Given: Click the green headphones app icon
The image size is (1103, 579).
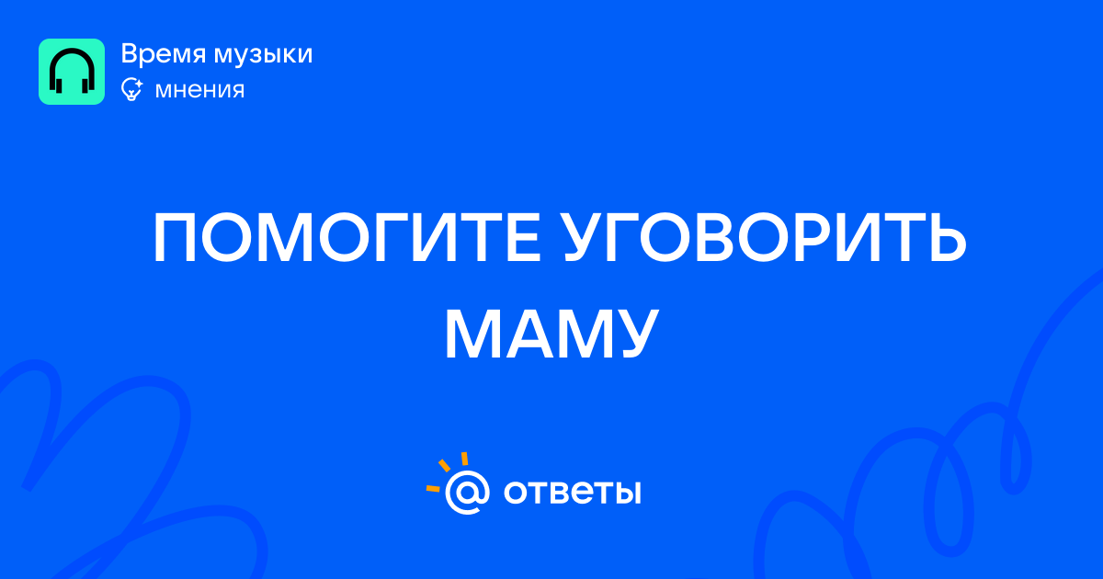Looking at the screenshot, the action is (x=72, y=72).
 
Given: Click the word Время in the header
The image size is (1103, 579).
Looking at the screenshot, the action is (x=164, y=53).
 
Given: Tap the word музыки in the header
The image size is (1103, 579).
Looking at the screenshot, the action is (x=264, y=55).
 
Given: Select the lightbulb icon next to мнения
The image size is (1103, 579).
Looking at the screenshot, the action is (x=132, y=90).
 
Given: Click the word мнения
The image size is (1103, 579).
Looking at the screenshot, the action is (x=199, y=91).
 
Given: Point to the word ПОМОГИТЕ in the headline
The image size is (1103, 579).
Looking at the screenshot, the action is (x=347, y=237).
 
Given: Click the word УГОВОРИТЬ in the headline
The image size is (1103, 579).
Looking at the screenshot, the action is (x=764, y=237).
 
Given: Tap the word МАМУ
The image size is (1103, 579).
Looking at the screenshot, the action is (x=551, y=334).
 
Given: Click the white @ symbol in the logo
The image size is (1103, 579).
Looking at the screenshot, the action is (x=467, y=493).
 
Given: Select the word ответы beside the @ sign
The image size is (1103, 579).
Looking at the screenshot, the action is (x=572, y=492).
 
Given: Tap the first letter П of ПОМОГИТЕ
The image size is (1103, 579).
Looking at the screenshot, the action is (x=175, y=238).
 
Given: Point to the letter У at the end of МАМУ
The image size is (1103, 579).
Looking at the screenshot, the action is (x=635, y=335).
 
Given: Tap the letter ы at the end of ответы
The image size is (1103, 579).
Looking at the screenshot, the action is (x=628, y=493).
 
